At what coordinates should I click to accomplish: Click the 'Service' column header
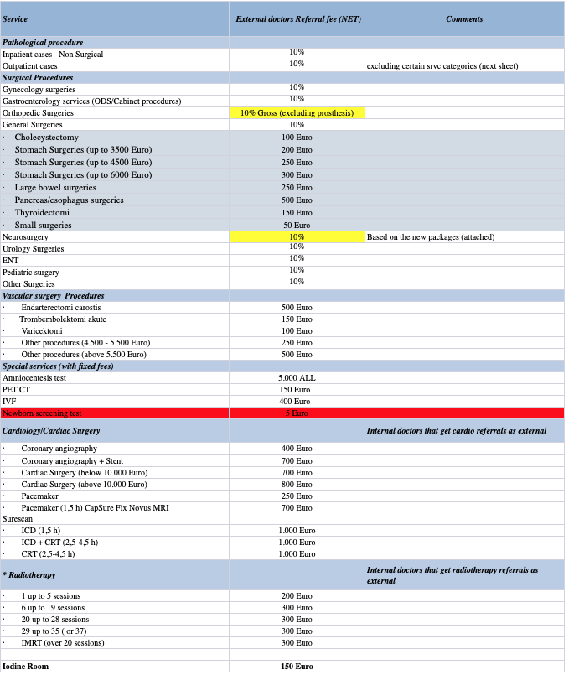tap(15, 18)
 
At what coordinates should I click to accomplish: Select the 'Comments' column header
tap(464, 18)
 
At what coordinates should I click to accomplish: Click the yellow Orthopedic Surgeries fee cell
tap(297, 112)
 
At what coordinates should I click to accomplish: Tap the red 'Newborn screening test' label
tap(42, 413)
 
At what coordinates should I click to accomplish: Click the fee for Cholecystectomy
tap(297, 137)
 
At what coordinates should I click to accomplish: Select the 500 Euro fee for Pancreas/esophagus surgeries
tap(297, 200)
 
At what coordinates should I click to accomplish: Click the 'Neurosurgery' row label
tap(25, 237)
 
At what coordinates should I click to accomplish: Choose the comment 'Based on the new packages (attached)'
tap(431, 237)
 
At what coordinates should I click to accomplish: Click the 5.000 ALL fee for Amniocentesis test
tap(297, 377)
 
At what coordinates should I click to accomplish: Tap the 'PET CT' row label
tap(16, 389)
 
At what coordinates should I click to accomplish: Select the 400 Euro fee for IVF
tap(297, 401)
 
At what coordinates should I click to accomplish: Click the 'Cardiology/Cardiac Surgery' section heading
tap(51, 430)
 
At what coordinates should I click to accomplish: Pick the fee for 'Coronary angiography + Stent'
tap(297, 460)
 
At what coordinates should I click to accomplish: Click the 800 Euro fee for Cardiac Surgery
tap(297, 484)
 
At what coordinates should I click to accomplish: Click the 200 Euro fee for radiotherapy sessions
tap(297, 595)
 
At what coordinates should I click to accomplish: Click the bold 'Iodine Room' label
tap(25, 666)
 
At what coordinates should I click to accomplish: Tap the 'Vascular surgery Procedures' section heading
tap(54, 295)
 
